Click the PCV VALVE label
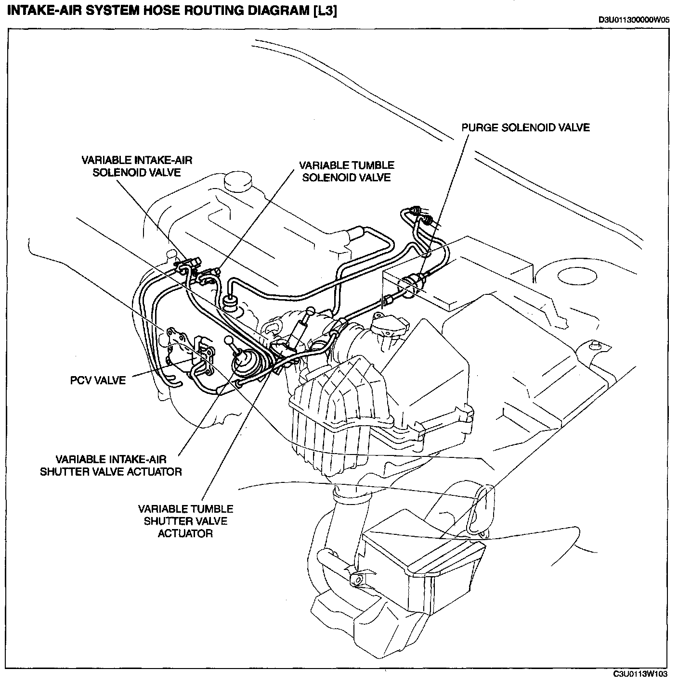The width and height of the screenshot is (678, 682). [98, 380]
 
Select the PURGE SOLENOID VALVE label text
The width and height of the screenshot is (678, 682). [525, 127]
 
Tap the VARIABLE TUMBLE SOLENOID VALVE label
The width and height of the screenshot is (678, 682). [347, 171]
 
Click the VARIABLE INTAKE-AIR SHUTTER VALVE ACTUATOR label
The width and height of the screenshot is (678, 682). [111, 465]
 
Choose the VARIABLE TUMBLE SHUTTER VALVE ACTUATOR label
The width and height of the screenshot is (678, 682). [185, 521]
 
